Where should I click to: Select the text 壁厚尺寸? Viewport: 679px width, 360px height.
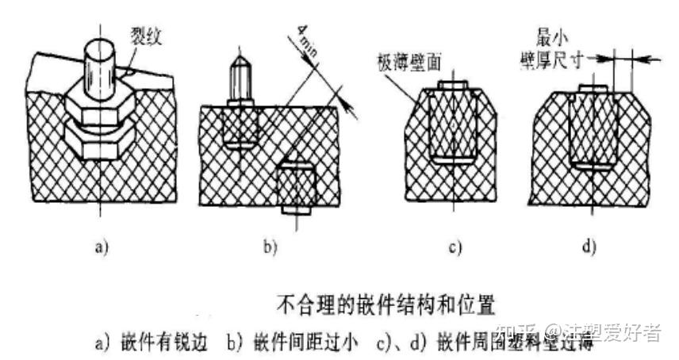click(x=562, y=55)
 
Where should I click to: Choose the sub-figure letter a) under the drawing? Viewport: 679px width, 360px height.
click(x=101, y=247)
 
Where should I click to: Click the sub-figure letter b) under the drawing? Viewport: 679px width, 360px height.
click(x=269, y=247)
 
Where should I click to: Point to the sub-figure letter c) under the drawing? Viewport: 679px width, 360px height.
click(x=453, y=247)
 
